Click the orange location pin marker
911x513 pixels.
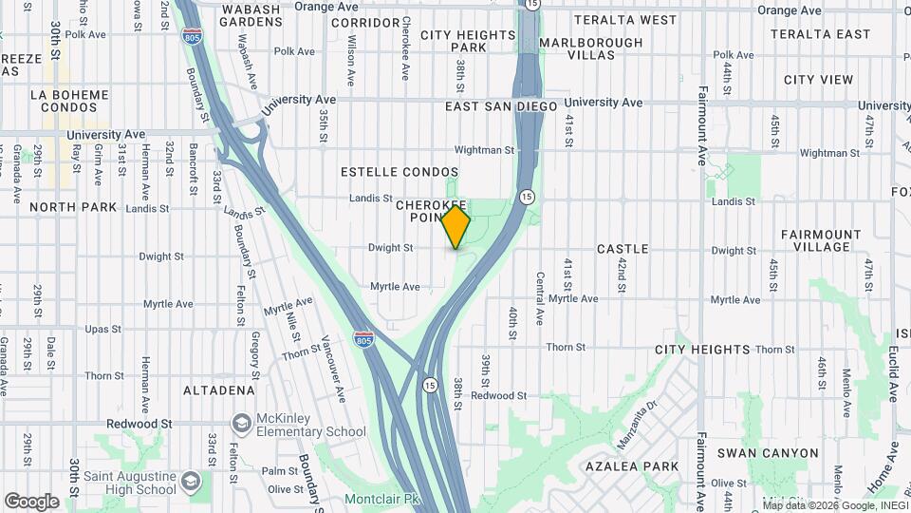coord(456,227)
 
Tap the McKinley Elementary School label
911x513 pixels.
coord(312,431)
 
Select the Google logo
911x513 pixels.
coord(31,502)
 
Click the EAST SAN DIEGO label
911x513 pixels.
coord(501,106)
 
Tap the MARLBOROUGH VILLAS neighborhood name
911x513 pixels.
coord(591,48)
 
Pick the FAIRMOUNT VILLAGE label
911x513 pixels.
coord(821,240)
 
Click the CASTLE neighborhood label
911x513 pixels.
coord(623,249)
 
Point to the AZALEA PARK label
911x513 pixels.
coord(632,466)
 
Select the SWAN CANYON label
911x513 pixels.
coord(768,453)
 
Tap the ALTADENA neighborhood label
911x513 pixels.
coord(219,389)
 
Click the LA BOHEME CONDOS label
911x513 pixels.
coord(69,102)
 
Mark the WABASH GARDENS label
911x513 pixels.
coord(251,15)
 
